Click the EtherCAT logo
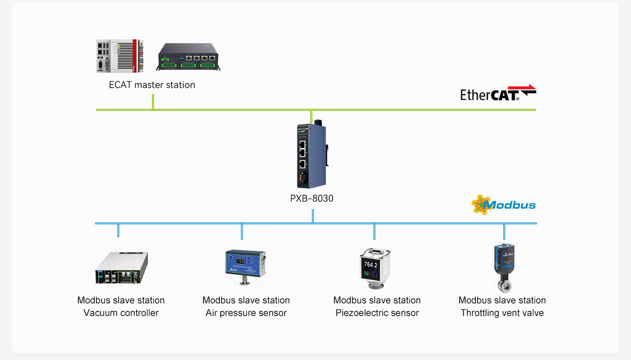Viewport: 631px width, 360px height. (x=497, y=94)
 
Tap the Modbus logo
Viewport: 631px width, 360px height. (x=503, y=204)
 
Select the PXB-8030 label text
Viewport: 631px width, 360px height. (x=312, y=199)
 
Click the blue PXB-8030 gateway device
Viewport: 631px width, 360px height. (x=311, y=156)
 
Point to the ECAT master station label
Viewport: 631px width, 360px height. (x=152, y=85)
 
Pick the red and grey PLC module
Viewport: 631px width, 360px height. (x=119, y=56)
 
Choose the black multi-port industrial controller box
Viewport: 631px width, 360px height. (x=188, y=57)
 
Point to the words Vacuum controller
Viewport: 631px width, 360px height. (x=121, y=313)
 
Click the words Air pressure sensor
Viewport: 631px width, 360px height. (x=246, y=313)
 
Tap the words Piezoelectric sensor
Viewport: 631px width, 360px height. (x=377, y=313)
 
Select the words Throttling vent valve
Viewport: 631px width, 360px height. (x=502, y=313)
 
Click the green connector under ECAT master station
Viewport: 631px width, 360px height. (x=153, y=102)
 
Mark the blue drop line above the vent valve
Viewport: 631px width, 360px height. (x=504, y=231)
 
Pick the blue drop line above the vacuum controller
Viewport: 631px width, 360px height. (x=118, y=231)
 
